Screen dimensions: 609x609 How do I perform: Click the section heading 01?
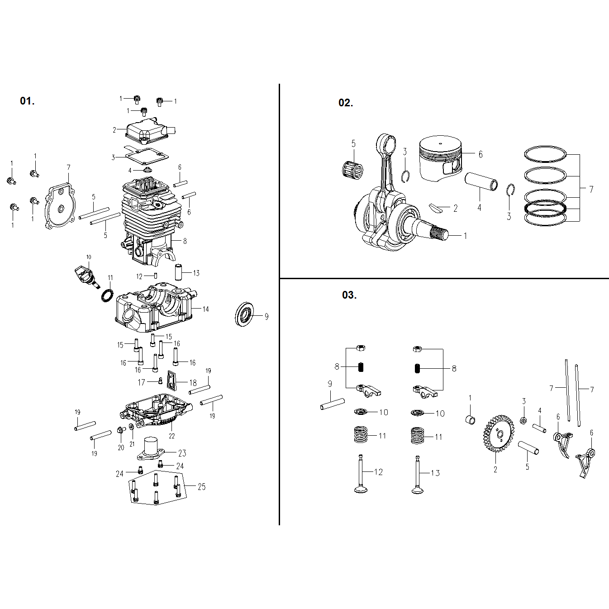pos(27,101)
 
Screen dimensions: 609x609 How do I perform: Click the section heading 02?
pos(346,103)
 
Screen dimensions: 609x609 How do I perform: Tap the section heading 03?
pos(349,295)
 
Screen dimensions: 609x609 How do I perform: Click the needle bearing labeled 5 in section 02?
pos(352,169)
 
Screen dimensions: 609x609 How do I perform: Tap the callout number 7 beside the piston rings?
pos(591,190)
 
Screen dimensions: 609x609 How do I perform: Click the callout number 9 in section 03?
pos(330,384)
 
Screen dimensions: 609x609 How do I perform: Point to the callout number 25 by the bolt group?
pos(201,487)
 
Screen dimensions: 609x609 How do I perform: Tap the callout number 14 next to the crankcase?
pos(205,309)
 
